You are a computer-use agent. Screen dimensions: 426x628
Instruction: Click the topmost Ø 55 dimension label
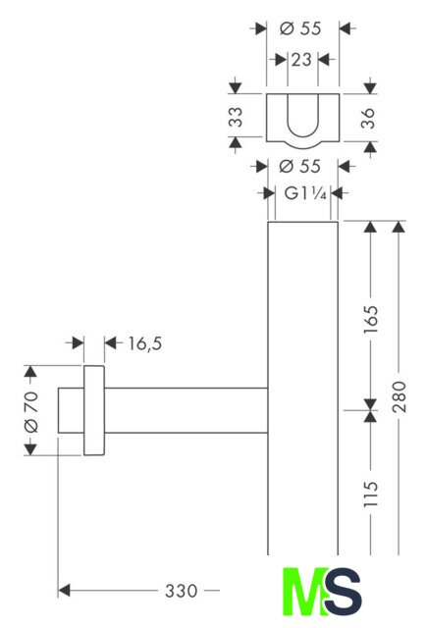[x=300, y=28]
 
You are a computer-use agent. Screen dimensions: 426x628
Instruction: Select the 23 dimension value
[x=301, y=60]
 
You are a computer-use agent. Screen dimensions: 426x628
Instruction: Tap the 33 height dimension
[x=236, y=117]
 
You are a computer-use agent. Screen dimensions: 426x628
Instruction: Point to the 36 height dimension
[x=368, y=118]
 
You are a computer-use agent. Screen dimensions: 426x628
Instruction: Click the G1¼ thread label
[x=305, y=194]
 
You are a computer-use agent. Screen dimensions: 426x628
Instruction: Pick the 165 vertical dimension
[x=371, y=319]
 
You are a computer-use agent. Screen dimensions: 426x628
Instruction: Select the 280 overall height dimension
[x=399, y=396]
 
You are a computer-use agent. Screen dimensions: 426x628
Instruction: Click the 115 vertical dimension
[x=371, y=495]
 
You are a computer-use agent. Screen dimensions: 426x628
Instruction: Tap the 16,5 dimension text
[x=145, y=343]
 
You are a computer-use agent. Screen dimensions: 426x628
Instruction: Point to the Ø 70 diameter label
[x=31, y=412]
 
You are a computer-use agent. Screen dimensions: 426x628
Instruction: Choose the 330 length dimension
[x=182, y=591]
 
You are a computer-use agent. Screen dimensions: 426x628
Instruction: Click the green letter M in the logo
[x=303, y=592]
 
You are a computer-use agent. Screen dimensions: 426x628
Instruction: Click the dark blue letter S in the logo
[x=344, y=592]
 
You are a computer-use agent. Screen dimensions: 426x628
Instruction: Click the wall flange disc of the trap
[x=94, y=410]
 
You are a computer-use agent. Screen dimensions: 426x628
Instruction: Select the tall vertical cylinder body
[x=303, y=388]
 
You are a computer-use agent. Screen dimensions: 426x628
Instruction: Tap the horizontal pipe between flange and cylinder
[x=186, y=410]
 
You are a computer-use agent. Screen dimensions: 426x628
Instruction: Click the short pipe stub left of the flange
[x=71, y=410]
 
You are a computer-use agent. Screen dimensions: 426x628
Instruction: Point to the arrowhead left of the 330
[x=64, y=591]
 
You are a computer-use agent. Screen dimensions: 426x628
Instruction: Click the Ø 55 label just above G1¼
[x=299, y=166]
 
